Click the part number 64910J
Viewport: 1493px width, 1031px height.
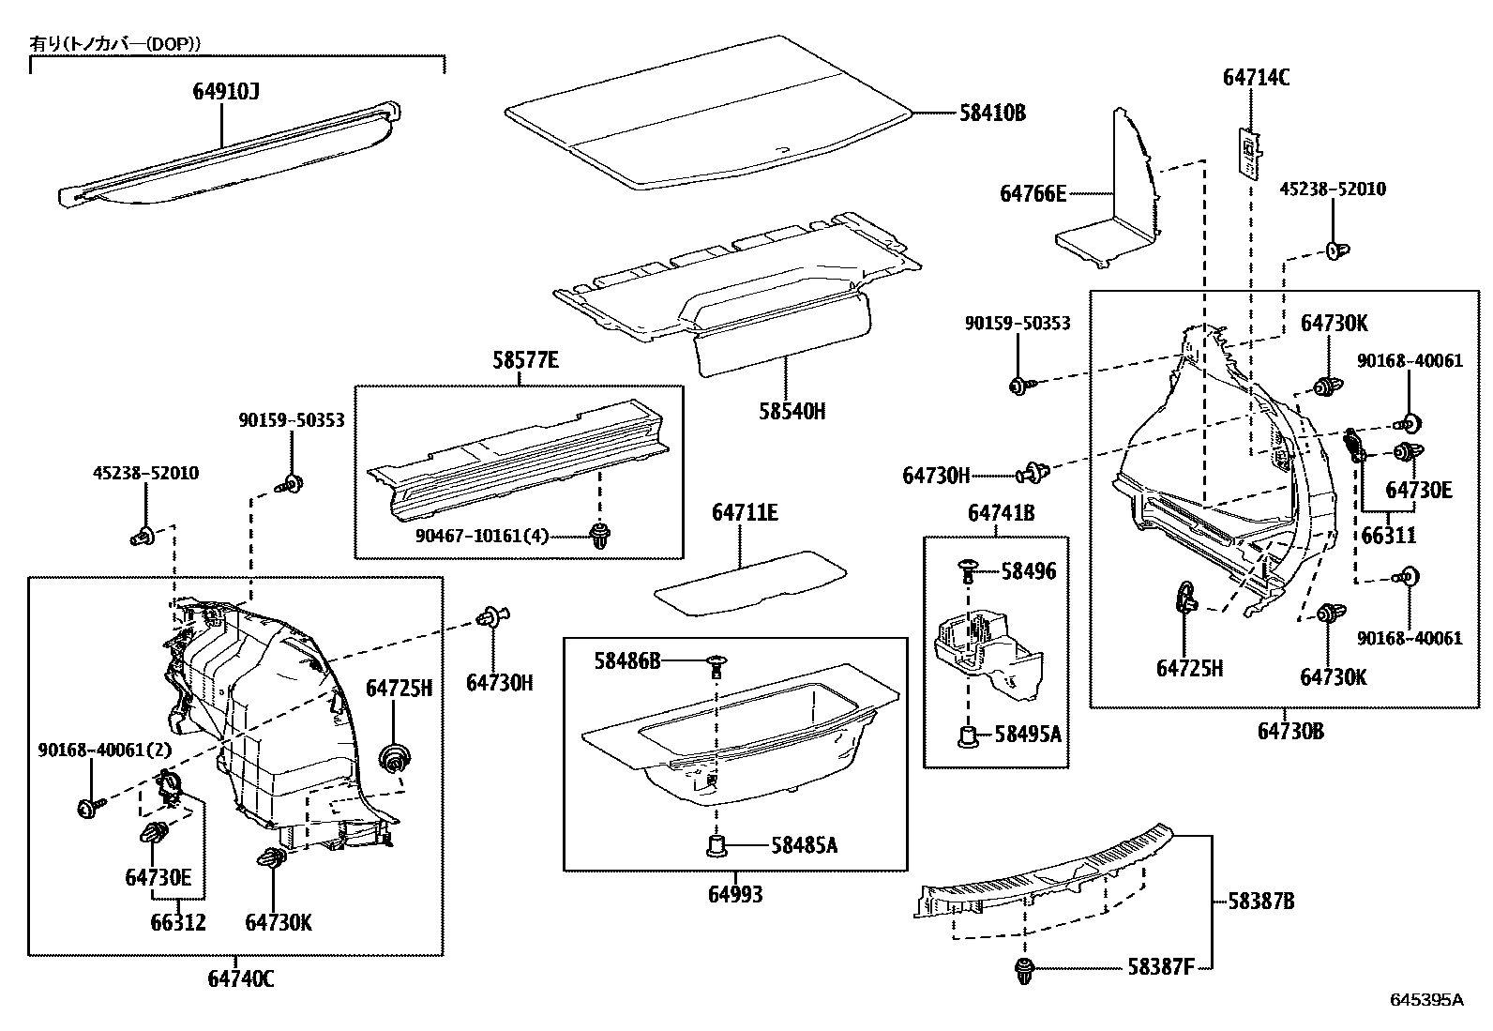coord(226,91)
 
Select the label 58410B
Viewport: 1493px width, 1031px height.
coord(992,114)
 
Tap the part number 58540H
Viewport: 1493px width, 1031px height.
coord(792,411)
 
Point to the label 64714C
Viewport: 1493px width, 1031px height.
coord(1256,78)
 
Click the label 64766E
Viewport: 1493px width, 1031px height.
coord(1033,193)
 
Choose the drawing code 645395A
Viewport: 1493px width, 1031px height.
coord(1425,999)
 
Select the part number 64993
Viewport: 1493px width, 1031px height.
coord(735,895)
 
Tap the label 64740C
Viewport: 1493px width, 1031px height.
coord(241,978)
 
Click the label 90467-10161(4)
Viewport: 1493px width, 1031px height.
coord(482,537)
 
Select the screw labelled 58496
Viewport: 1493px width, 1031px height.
coord(968,567)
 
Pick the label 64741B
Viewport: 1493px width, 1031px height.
coord(1002,512)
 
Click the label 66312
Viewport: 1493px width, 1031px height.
coord(177,922)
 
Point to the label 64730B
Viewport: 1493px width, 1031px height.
coord(1290,731)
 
